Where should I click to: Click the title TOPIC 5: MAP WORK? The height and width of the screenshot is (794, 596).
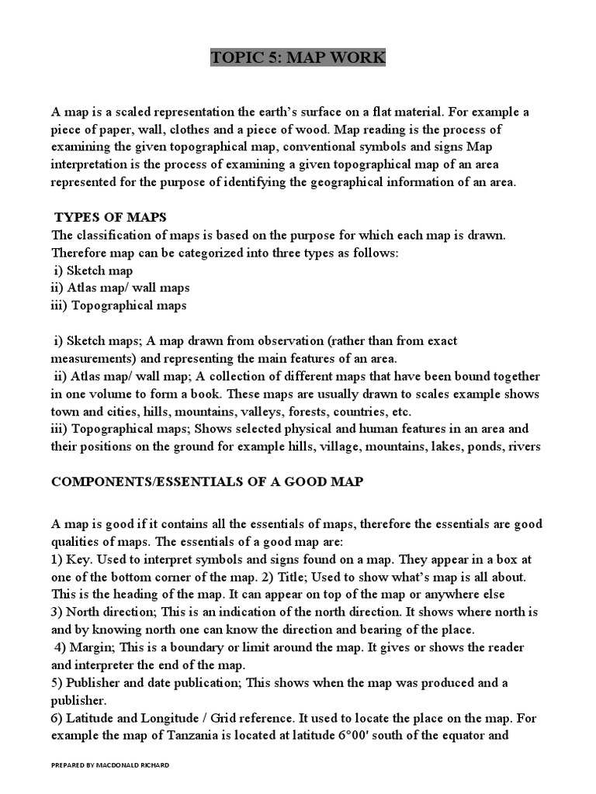[x=298, y=59]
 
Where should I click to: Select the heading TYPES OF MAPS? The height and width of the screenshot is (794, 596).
[x=111, y=216]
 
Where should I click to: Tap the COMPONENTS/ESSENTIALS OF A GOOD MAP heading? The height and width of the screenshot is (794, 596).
[x=207, y=482]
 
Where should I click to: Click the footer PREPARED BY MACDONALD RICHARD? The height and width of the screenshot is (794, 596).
[x=109, y=765]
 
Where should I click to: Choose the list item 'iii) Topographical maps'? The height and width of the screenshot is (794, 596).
[x=119, y=306]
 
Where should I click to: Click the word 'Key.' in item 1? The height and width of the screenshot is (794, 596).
[x=80, y=559]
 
